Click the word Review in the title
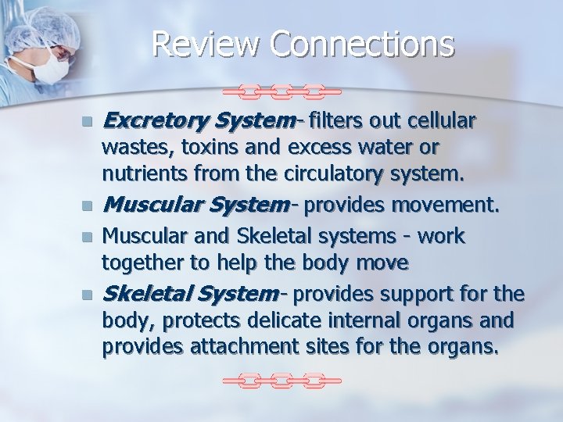206,44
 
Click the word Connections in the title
362,44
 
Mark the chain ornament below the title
282,91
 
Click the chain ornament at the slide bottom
282,381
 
